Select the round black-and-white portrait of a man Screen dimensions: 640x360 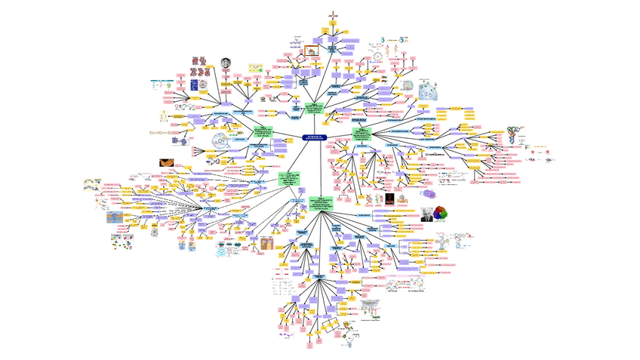(225, 63)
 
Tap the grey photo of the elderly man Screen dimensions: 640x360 (427, 213)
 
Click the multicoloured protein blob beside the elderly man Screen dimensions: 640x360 (445, 214)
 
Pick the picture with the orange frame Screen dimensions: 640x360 (310, 53)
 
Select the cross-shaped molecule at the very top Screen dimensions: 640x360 (334, 16)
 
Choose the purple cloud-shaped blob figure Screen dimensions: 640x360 (180, 140)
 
